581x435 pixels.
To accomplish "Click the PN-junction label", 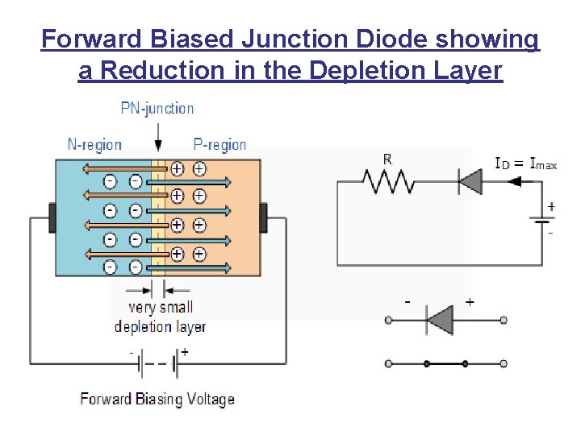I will point(157,108).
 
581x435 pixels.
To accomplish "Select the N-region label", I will point(94,145).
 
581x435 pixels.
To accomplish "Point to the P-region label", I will point(219,145).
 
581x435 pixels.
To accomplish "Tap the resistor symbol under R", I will point(390,182).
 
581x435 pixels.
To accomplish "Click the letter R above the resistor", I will point(388,159).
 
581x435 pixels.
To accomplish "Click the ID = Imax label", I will point(525,164).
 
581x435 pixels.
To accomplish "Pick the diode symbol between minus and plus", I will point(440,321).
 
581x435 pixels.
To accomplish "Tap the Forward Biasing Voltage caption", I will point(157,399).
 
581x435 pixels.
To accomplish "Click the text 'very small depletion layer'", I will point(160,317).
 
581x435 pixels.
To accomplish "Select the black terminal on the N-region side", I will point(52,217).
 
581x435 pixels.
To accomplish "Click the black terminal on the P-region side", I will point(262,217).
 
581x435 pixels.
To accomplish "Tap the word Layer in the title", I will point(467,72).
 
